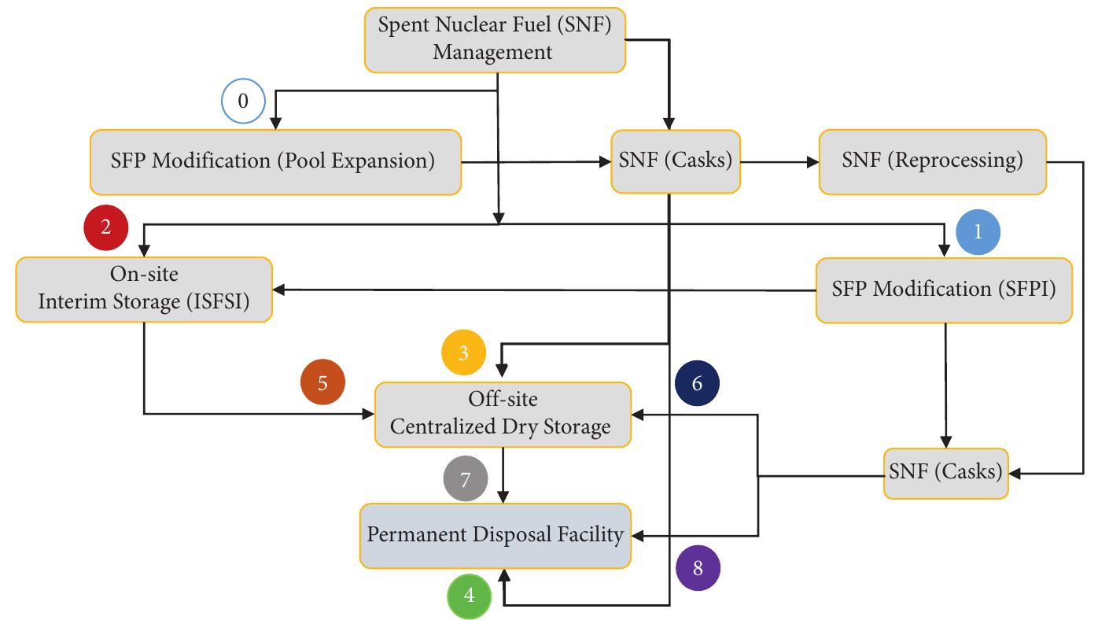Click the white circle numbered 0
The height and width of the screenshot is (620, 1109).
(243, 101)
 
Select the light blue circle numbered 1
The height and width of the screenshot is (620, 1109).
(978, 232)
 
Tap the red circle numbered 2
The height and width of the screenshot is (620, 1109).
(105, 227)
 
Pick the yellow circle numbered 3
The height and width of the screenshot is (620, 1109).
(463, 352)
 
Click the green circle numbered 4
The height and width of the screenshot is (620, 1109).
(470, 596)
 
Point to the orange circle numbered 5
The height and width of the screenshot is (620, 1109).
(322, 383)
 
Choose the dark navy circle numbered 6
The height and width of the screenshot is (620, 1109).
(697, 383)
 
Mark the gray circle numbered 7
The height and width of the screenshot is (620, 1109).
(465, 479)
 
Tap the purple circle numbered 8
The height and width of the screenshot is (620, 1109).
(698, 568)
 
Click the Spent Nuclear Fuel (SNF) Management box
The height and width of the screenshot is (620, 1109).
(495, 39)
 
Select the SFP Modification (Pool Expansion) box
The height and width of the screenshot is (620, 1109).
(274, 162)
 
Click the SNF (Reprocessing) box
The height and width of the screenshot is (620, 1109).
(932, 161)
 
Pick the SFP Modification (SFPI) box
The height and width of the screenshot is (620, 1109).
(943, 290)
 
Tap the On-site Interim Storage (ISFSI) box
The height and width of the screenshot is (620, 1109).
(144, 289)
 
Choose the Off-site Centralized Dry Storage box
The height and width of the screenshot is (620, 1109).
(502, 414)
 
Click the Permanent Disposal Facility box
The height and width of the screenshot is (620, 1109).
(496, 535)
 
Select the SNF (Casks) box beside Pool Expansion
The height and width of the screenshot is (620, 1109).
(675, 161)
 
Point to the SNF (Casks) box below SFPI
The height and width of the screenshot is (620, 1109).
(945, 473)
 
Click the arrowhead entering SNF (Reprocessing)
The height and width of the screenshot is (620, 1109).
(812, 162)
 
